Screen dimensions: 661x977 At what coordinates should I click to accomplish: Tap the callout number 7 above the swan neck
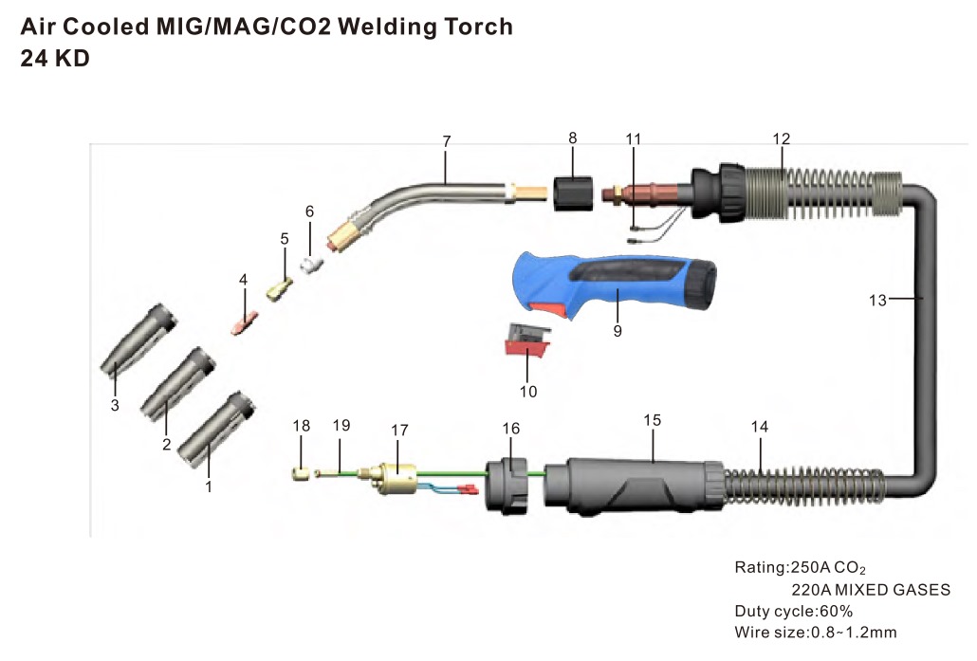446,141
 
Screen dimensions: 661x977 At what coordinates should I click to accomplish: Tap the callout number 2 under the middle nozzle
166,444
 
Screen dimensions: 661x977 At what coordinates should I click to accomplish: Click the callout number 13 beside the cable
877,301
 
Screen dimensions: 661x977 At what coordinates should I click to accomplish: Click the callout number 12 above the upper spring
780,138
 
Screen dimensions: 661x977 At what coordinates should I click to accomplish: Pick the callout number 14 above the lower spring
759,427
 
